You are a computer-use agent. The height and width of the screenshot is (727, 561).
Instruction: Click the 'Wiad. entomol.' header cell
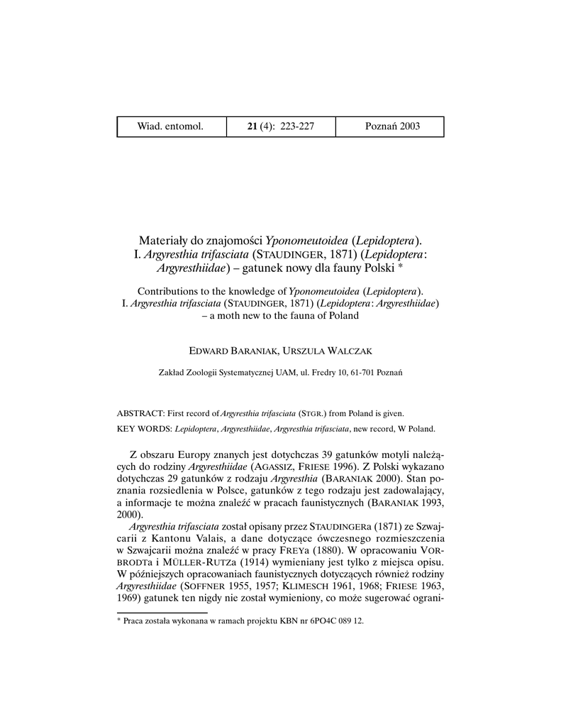[170, 126]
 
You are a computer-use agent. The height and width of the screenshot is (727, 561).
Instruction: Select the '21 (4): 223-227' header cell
[281, 126]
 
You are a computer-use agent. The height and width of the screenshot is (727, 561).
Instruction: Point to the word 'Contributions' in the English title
[170, 291]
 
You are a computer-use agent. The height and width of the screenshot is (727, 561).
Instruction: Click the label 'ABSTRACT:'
[141, 412]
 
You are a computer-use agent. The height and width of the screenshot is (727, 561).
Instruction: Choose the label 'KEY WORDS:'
[144, 429]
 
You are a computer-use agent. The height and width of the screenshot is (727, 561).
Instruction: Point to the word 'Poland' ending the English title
[343, 316]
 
